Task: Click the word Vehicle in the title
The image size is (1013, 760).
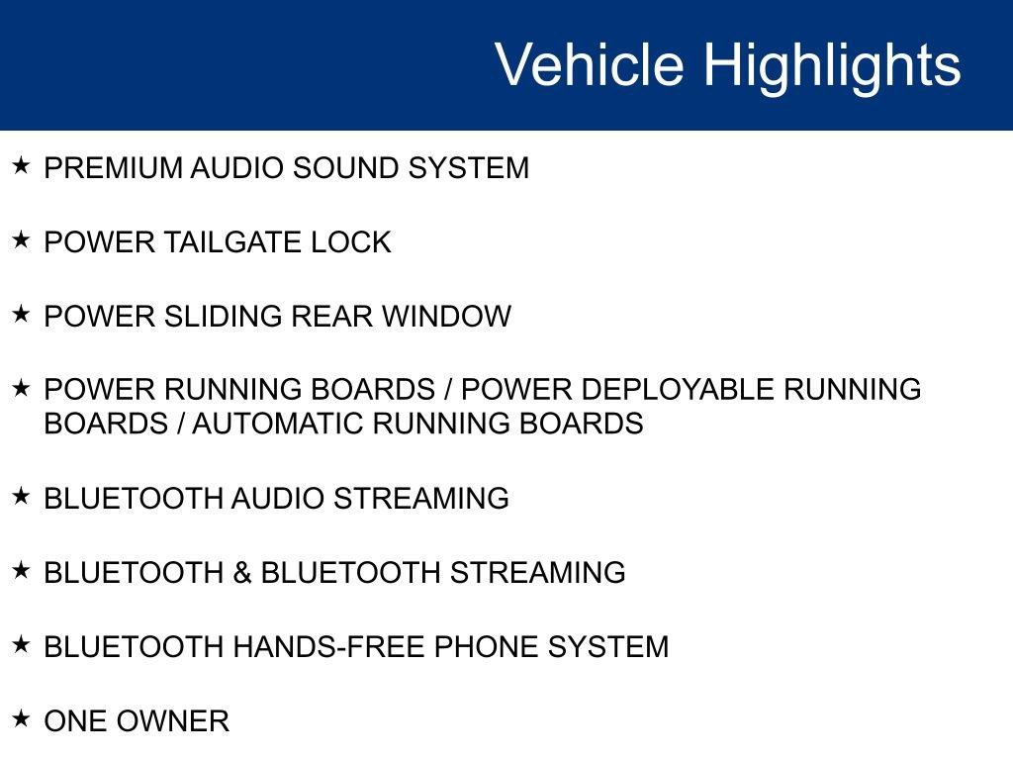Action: pos(589,65)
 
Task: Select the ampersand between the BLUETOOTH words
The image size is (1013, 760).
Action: pos(242,572)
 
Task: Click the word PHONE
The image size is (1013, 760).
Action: pos(487,647)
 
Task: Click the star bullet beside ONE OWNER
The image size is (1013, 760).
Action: pos(21,717)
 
